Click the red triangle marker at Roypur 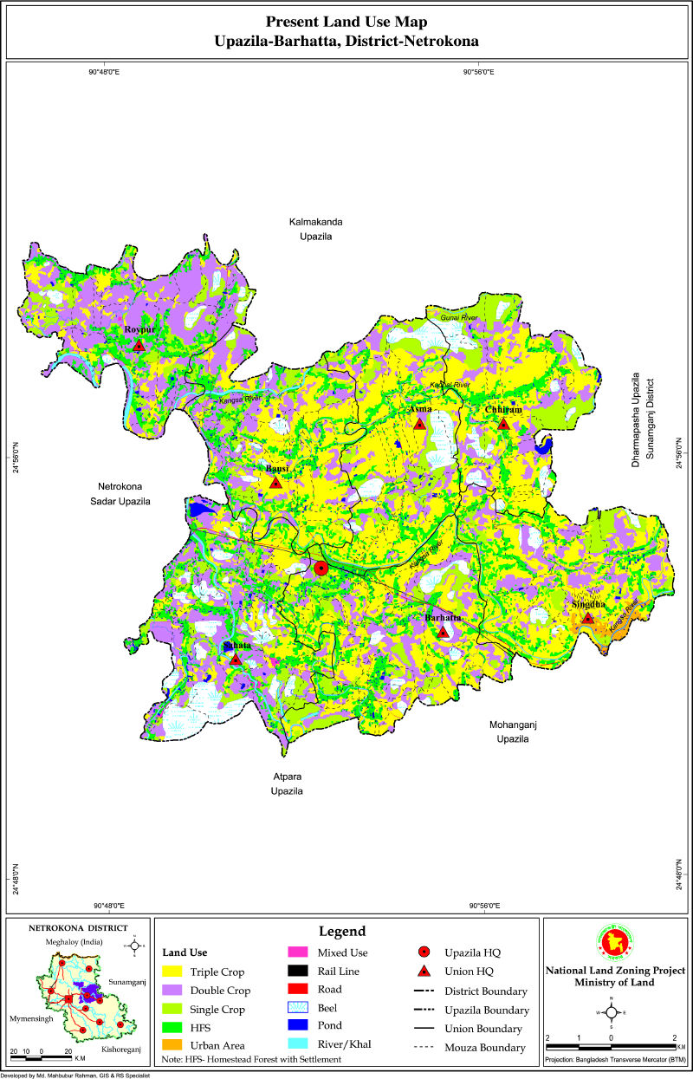coord(139,346)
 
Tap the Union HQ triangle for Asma coord(420,424)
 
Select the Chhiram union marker coord(503,424)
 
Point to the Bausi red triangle coord(275,482)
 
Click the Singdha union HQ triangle coord(588,618)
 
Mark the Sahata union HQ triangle coord(236,660)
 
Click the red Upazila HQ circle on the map coord(321,569)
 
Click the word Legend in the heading coord(343,932)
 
